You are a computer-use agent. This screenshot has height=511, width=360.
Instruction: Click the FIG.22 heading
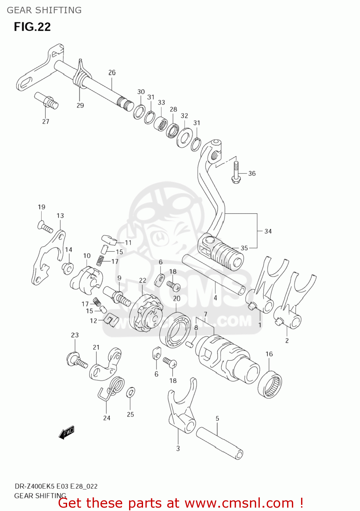click(x=32, y=27)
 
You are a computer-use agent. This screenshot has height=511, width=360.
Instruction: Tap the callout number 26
click(x=112, y=73)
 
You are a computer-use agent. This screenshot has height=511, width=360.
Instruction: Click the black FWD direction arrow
click(x=66, y=433)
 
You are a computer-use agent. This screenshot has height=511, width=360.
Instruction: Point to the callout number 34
click(x=268, y=231)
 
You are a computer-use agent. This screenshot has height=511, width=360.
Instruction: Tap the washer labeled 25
click(x=130, y=393)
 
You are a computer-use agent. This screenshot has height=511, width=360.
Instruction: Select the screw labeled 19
click(x=45, y=227)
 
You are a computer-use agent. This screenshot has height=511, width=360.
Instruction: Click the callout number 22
click(x=142, y=280)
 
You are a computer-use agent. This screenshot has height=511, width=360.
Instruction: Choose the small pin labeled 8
click(x=190, y=344)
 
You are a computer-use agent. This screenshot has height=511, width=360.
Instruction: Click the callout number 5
click(x=217, y=418)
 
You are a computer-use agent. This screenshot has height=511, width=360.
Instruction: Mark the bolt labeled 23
click(x=76, y=360)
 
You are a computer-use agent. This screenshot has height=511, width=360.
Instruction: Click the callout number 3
click(x=178, y=449)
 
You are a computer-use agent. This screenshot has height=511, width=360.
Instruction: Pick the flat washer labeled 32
click(x=185, y=138)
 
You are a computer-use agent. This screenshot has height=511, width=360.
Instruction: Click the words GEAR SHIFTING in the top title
click(x=44, y=10)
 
